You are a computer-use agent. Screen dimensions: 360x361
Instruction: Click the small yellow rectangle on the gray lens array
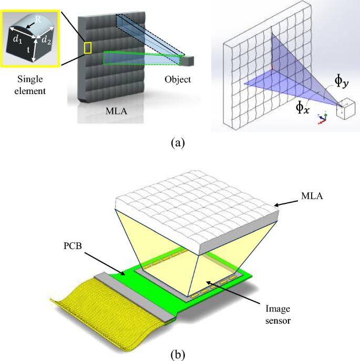click(88, 47)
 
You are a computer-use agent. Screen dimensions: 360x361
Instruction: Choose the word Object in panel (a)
click(177, 80)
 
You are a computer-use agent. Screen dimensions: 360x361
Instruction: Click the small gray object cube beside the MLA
click(188, 60)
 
